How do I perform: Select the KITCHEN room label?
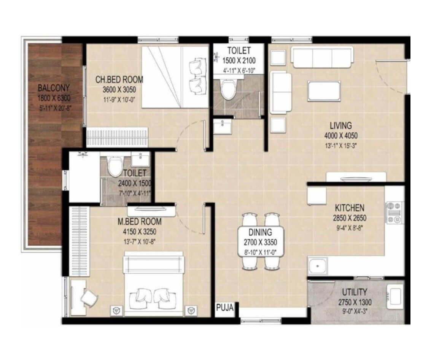click(x=349, y=208)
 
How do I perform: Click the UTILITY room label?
click(x=354, y=292)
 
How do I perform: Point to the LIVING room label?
click(x=340, y=125)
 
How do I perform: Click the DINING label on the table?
click(x=260, y=232)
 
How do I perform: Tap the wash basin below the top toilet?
click(x=221, y=126)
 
